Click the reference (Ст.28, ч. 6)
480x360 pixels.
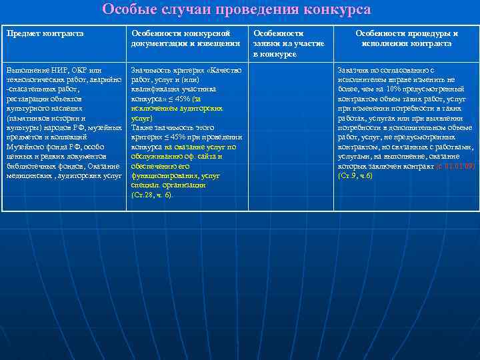pos(152,195)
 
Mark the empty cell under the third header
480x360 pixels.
pos(290,133)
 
